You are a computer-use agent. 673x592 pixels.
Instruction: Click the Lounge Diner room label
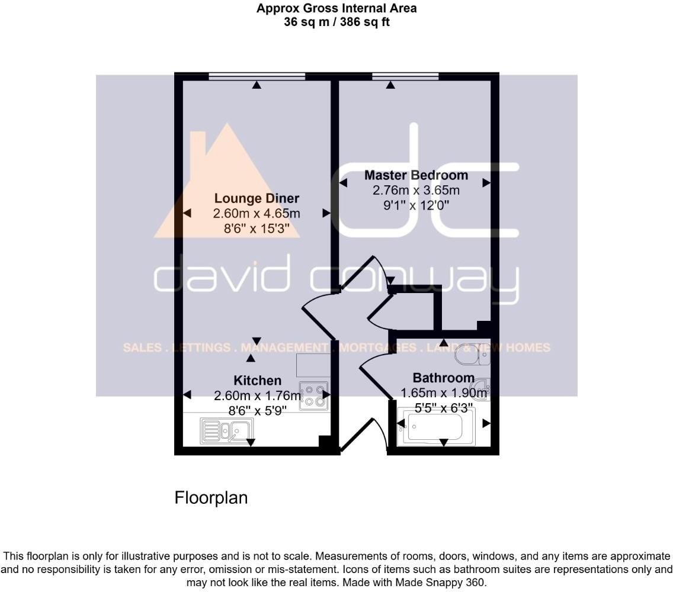point(257,198)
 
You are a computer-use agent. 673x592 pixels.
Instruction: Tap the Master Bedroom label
point(416,175)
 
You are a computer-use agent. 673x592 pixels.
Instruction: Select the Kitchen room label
point(257,380)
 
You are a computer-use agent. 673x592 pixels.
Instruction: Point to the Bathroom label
point(443,378)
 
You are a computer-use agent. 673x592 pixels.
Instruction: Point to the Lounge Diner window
point(257,76)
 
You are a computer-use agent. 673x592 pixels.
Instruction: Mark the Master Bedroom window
point(405,76)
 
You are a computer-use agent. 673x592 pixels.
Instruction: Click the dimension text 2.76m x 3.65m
point(416,191)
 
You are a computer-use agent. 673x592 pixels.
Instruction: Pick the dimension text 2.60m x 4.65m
point(257,213)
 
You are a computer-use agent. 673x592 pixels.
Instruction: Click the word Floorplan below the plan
point(211,498)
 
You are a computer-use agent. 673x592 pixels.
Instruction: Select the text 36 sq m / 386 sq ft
point(336,22)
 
